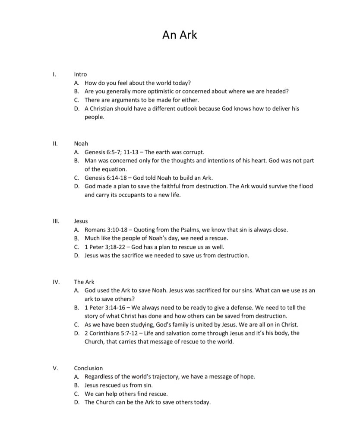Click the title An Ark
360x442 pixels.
point(180,35)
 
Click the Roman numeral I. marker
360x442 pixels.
point(54,74)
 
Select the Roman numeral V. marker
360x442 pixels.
point(55,368)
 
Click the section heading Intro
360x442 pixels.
point(80,74)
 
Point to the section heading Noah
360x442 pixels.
point(81,143)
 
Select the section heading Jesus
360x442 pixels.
point(81,221)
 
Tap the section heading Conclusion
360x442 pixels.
point(88,368)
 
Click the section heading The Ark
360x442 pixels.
point(84,282)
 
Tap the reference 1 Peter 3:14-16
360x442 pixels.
point(104,308)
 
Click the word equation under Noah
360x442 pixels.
point(114,169)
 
